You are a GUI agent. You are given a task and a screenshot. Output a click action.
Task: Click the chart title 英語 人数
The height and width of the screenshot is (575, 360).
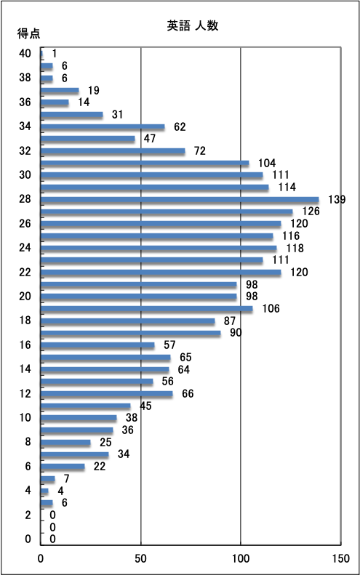[193, 25]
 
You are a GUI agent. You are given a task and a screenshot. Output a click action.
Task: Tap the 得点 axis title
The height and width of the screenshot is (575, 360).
[28, 33]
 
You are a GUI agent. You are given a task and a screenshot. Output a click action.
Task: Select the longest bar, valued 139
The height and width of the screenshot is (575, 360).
[180, 200]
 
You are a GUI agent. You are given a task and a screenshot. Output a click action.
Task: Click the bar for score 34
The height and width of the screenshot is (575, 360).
[103, 127]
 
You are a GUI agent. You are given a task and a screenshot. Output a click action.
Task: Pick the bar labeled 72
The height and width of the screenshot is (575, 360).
[113, 151]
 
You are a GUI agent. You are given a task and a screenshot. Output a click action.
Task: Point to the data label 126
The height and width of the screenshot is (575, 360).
[311, 212]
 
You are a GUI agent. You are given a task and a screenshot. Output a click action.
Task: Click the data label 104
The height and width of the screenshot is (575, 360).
[267, 163]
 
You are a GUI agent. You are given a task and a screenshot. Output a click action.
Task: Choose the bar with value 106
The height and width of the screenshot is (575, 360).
[147, 309]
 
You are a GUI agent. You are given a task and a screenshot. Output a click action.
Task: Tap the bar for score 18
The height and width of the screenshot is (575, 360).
[128, 321]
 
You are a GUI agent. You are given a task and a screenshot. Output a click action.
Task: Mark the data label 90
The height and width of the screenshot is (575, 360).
[236, 333]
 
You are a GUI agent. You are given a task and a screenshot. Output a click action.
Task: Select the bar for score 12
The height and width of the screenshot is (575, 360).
[107, 394]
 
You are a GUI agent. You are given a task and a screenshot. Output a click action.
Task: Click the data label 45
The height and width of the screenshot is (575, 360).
[145, 406]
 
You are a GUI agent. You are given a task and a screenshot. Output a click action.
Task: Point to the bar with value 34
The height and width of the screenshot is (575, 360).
[75, 455]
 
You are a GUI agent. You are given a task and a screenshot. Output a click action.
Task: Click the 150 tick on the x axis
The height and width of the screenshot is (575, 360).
[341, 558]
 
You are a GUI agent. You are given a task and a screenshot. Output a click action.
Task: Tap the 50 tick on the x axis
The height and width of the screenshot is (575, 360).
[140, 558]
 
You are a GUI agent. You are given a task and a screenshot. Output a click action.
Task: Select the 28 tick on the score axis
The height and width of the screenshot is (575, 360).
[25, 199]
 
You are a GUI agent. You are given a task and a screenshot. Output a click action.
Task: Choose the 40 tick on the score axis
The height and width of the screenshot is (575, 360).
[25, 54]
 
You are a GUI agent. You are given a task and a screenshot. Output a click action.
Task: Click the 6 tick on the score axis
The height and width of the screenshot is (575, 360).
[28, 466]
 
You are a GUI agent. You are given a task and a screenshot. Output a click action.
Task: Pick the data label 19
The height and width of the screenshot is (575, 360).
[94, 90]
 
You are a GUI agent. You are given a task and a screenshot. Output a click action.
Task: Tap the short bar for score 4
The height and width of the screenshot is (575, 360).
[45, 491]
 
